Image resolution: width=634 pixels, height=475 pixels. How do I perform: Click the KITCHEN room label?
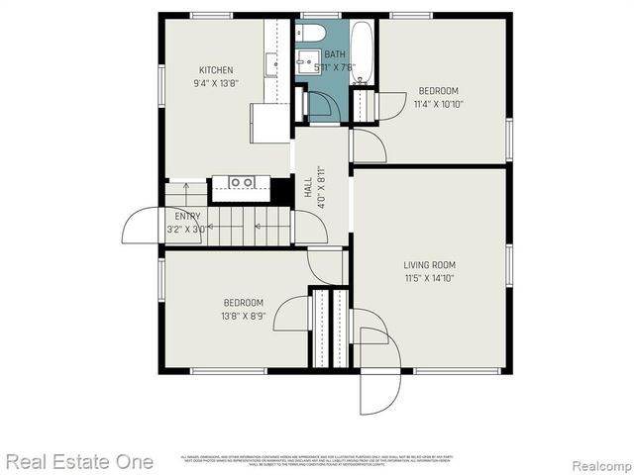(x=216, y=70)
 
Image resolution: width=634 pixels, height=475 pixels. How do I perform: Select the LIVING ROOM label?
(x=429, y=264)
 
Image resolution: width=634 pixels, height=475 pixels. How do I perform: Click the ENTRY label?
(x=187, y=216)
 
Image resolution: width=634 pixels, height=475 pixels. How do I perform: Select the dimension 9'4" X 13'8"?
(x=216, y=83)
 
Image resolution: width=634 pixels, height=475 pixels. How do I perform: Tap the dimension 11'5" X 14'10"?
(x=429, y=278)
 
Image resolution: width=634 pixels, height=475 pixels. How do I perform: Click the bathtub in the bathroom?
(x=361, y=51)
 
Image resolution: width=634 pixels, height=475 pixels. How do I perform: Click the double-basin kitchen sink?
(x=242, y=182)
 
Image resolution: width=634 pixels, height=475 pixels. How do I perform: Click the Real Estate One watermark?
(x=79, y=461)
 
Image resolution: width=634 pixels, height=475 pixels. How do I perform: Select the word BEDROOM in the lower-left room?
(x=243, y=303)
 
